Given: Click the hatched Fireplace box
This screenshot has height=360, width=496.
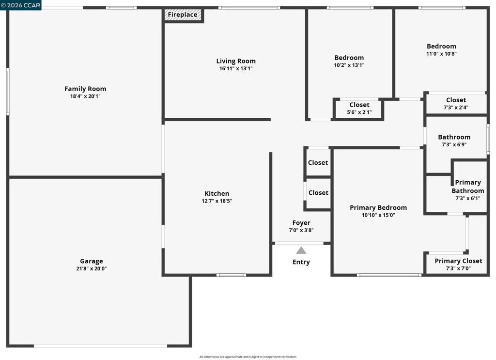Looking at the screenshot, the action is coord(183,15).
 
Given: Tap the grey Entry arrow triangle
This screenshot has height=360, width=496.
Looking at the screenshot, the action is coord(301,250).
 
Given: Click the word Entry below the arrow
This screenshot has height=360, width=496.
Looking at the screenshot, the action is coord(301,262).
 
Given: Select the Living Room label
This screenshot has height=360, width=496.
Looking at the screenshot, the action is coord(236,61).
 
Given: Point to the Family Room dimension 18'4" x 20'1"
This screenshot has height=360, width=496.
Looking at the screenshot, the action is coord(85,96).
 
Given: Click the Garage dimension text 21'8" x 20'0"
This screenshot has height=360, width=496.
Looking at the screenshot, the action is coord(92,268).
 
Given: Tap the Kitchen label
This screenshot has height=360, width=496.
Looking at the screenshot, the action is coord(217,193).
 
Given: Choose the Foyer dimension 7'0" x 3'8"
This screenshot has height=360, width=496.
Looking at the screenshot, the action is coord(301,230).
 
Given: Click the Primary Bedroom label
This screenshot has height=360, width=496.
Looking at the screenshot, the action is coord(378,208).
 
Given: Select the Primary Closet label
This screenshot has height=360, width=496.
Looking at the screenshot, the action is coord(458,261).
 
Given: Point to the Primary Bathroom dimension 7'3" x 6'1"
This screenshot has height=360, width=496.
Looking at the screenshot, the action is coord(468,198).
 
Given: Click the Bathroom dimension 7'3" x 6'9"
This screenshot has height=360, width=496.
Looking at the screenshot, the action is coord(454,144).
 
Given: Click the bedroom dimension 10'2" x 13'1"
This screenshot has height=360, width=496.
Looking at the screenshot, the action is coord(349,65).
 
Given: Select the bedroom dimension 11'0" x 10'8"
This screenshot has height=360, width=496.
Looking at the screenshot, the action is coord(442,54).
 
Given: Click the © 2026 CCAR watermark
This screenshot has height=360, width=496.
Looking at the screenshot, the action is coord(21,5).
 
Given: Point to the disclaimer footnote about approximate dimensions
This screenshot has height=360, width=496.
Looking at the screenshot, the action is coord(248,357).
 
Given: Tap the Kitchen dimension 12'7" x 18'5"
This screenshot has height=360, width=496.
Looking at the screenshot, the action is coord(217,201).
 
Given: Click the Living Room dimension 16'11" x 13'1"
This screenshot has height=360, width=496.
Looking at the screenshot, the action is coord(236,69).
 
